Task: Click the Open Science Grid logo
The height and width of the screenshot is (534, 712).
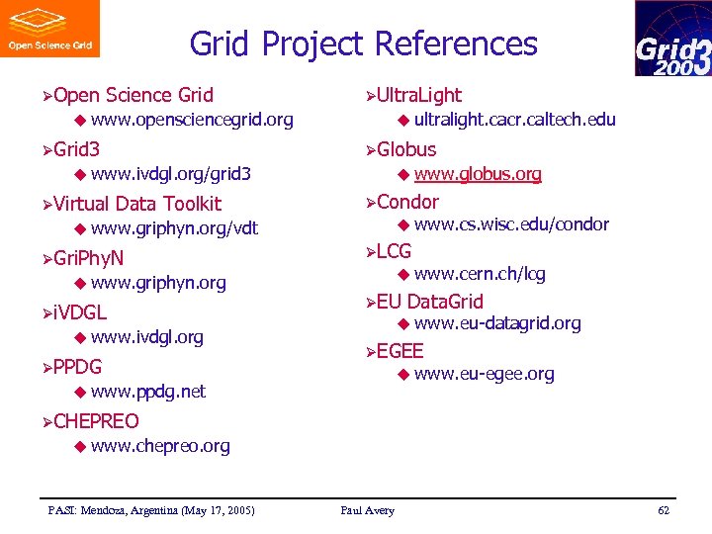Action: click(x=49, y=29)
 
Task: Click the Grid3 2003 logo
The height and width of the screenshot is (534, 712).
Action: click(x=672, y=39)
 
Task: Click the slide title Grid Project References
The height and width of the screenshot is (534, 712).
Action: click(x=363, y=44)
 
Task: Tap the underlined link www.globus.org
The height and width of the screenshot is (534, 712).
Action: click(x=478, y=174)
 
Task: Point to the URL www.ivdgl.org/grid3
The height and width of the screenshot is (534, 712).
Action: click(x=170, y=174)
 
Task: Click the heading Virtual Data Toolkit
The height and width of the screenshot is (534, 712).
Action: click(x=137, y=204)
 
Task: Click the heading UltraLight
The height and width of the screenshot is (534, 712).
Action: click(x=418, y=95)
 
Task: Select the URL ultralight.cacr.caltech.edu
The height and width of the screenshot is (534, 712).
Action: click(x=514, y=120)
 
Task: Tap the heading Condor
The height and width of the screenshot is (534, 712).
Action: click(x=407, y=202)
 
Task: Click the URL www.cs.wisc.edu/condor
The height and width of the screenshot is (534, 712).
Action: click(x=511, y=224)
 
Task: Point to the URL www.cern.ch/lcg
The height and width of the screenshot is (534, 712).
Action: click(x=480, y=274)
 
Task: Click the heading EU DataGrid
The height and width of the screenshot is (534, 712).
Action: click(x=430, y=302)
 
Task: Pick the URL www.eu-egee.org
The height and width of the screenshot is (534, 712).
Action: click(x=484, y=374)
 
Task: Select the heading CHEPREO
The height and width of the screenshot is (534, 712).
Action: click(x=96, y=421)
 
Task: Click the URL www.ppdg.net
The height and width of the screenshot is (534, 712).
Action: click(x=147, y=392)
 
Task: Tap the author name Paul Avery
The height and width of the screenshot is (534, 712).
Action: click(x=367, y=510)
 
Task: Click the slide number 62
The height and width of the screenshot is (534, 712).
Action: click(x=663, y=510)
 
